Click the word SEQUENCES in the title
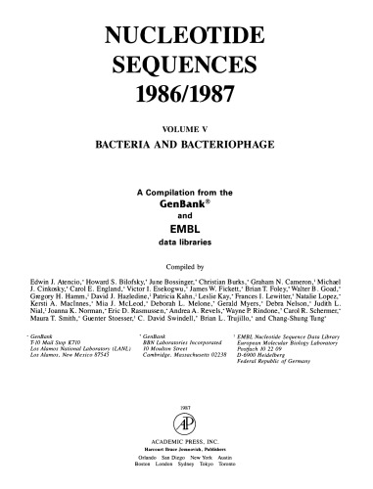pyautogui.click(x=187, y=66)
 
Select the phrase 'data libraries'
pyautogui.click(x=187, y=240)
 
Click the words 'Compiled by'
pyautogui.click(x=186, y=265)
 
